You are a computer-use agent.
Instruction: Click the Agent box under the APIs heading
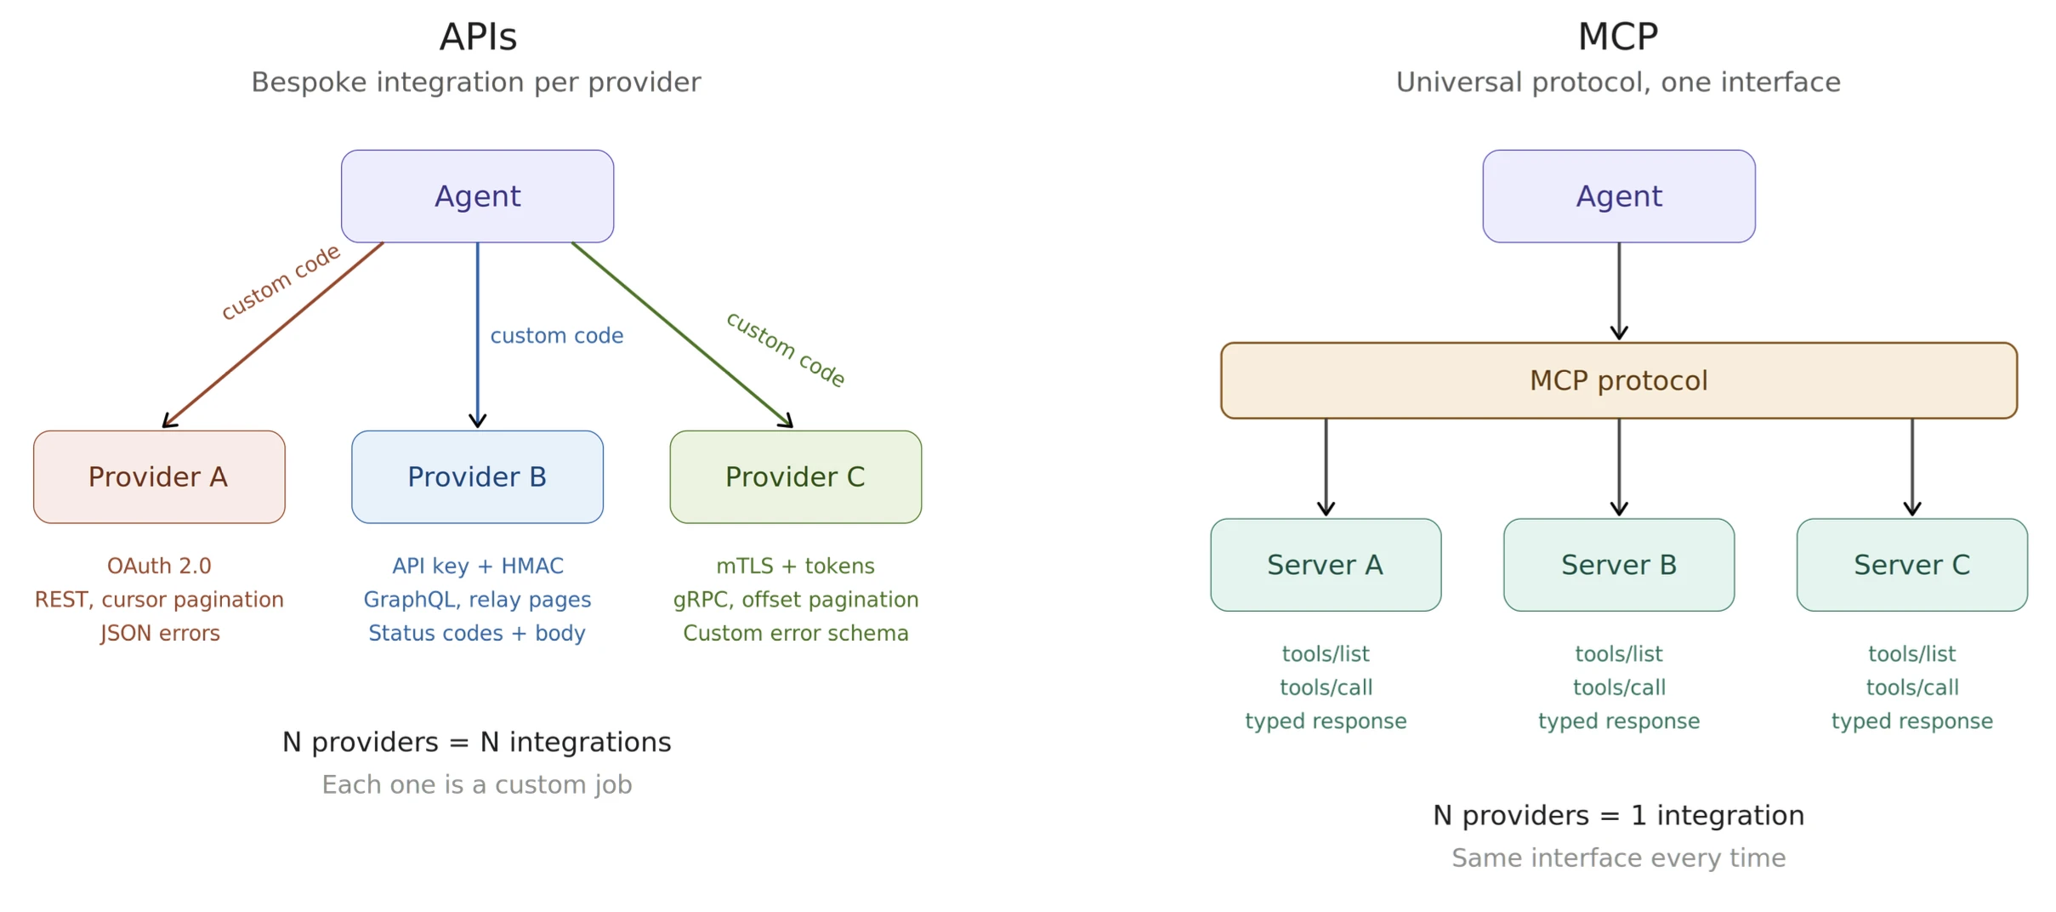pos(477,197)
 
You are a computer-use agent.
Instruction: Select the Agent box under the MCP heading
pos(1618,197)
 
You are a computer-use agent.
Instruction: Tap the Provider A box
pos(159,476)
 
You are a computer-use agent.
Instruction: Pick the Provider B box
pos(477,476)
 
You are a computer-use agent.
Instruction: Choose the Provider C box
pos(795,476)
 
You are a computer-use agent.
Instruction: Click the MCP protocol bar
pos(1618,380)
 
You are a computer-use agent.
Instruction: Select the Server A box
pos(1325,565)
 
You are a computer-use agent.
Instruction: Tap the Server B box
pos(1618,565)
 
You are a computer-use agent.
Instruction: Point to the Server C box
pos(1911,565)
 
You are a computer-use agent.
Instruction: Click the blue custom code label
pos(556,336)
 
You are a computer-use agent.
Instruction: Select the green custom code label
pos(785,350)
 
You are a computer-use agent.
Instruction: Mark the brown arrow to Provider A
pos(272,335)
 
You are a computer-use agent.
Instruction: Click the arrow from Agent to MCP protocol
pos(1618,291)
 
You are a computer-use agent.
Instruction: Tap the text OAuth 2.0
pos(159,566)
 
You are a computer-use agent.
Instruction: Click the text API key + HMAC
pos(477,566)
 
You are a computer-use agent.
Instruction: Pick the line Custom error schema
pos(795,633)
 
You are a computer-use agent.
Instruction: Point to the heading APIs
pos(478,37)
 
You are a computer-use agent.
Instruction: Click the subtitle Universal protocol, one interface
pos(1617,83)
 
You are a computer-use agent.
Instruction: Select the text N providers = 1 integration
pos(1617,815)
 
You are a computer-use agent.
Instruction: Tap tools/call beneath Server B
pos(1618,687)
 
